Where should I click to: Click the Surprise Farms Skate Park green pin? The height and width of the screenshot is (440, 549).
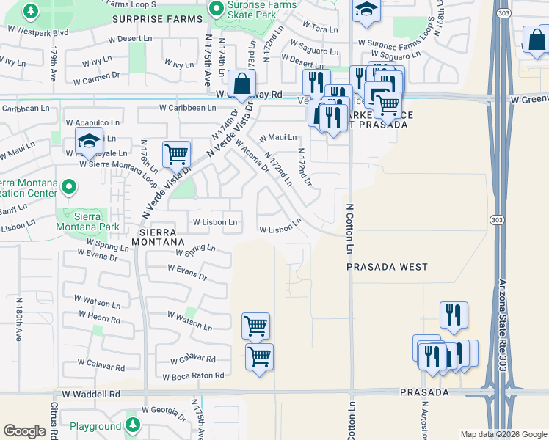[x=216, y=10]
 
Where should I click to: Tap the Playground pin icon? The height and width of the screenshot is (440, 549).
[x=132, y=425]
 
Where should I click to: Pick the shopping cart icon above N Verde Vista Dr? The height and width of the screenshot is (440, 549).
[x=176, y=155]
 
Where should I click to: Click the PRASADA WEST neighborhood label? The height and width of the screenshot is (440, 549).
[x=387, y=268]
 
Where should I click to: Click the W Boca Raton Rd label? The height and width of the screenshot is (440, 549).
[x=189, y=376]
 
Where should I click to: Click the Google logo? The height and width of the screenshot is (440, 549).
[x=24, y=430]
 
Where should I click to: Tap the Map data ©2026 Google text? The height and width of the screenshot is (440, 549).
[x=503, y=434]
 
